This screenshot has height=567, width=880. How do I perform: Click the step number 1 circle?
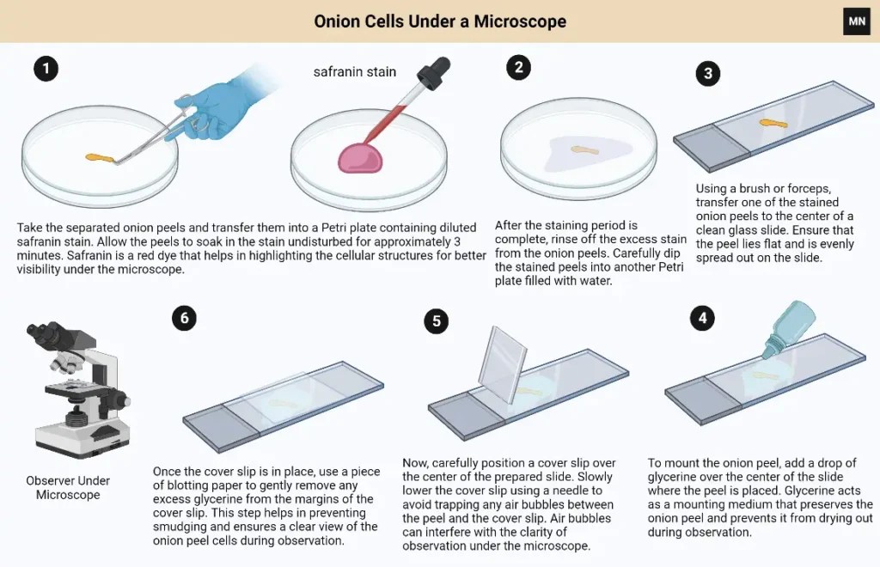[x=46, y=69]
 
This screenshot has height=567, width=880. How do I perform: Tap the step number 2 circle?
[x=518, y=68]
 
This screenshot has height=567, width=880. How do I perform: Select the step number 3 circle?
[x=707, y=73]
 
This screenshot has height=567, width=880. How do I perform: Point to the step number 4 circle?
[x=704, y=319]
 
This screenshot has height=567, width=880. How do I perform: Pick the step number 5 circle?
[x=437, y=321]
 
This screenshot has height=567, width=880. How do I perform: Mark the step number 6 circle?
[x=183, y=318]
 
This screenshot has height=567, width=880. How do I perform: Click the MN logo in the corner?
[x=856, y=21]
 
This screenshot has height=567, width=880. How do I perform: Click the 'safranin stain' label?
[x=354, y=72]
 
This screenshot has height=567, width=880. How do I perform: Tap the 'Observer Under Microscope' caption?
[x=68, y=487]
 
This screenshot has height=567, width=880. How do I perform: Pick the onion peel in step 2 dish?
[x=585, y=150]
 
